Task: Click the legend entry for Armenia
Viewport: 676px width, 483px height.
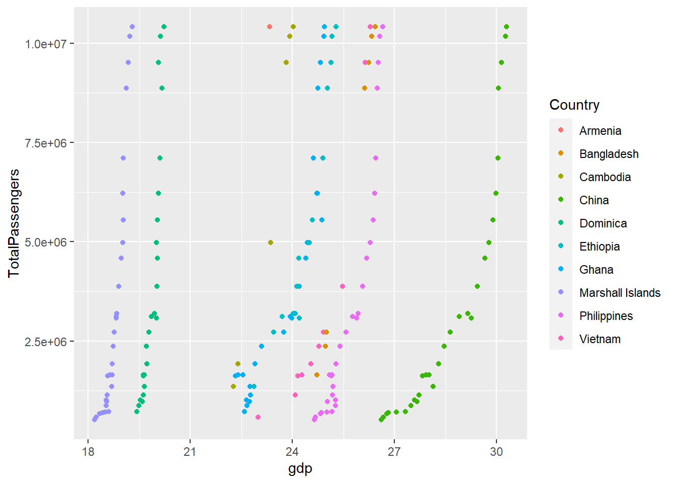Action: click(x=600, y=131)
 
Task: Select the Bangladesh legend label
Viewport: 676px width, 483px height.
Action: click(x=609, y=154)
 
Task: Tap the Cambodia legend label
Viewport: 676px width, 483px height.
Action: click(x=605, y=177)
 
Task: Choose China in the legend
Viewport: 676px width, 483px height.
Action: click(x=594, y=200)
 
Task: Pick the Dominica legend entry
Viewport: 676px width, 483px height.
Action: click(x=603, y=224)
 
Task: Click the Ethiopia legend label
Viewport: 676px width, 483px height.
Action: click(x=600, y=247)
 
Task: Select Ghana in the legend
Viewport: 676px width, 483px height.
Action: click(x=596, y=270)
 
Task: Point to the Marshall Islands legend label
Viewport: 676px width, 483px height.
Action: click(x=620, y=293)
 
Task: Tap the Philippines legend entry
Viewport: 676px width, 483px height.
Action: click(x=606, y=316)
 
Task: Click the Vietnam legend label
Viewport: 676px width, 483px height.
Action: click(x=600, y=339)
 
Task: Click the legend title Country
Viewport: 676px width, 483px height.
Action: click(x=574, y=105)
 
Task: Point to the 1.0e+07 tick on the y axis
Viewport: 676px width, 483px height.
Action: click(x=46, y=44)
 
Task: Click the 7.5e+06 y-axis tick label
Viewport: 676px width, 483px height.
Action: click(x=46, y=143)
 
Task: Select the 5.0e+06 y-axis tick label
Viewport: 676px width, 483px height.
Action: click(x=46, y=242)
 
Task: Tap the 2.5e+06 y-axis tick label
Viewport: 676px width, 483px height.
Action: click(x=46, y=342)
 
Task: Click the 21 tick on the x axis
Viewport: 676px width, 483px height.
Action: click(x=190, y=452)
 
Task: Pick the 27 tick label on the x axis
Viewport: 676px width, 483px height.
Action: click(x=394, y=452)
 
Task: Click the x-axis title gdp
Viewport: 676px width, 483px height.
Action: click(x=300, y=469)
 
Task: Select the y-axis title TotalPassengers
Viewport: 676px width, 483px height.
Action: click(x=14, y=223)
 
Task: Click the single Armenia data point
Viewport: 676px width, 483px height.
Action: click(x=270, y=27)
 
